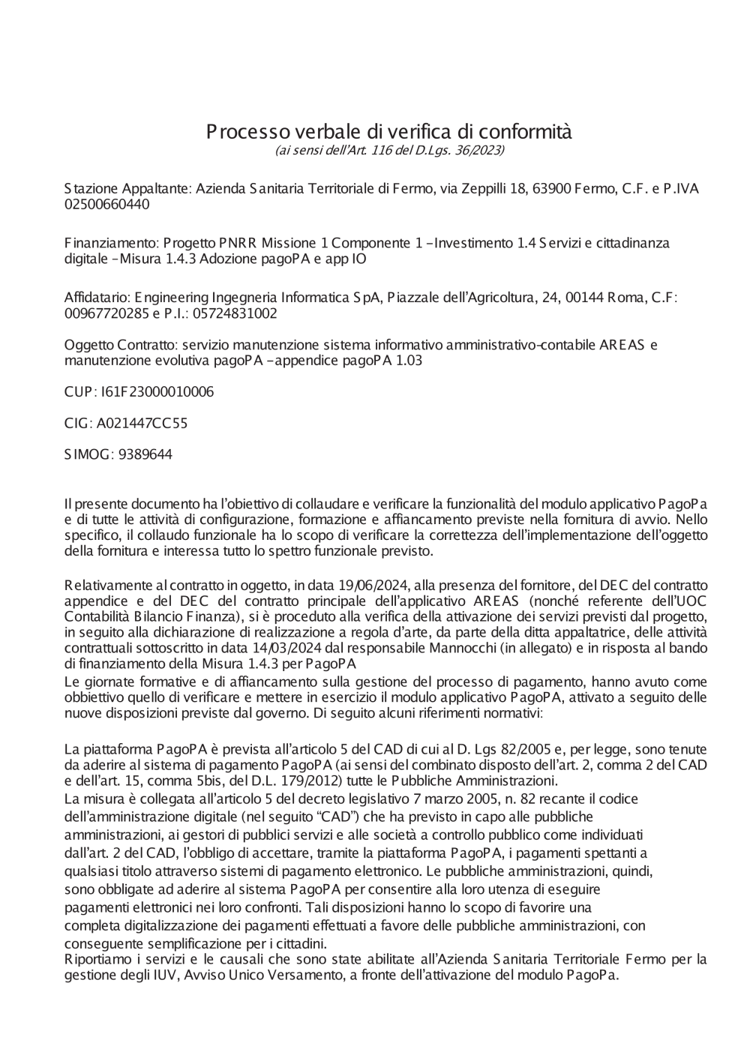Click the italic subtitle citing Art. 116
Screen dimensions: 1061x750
[x=389, y=151]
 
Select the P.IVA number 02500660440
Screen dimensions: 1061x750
[x=106, y=204]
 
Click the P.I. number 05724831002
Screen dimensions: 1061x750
[x=232, y=313]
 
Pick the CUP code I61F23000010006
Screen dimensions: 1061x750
[x=157, y=391]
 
